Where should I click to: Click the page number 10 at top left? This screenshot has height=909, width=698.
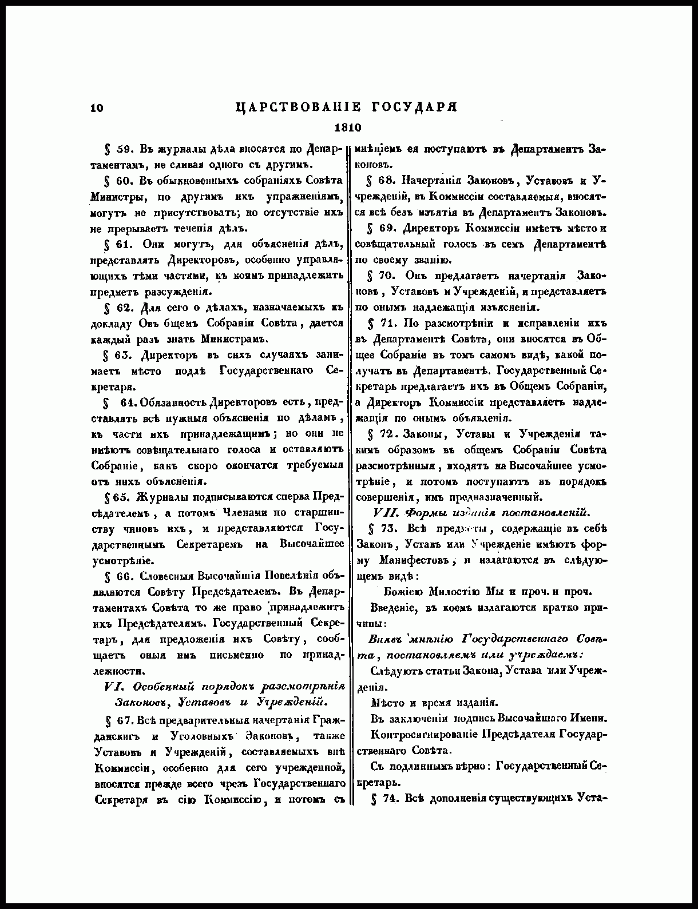[x=96, y=108]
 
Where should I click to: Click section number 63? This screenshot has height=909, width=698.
[x=124, y=354]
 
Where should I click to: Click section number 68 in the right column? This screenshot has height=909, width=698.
[x=387, y=181]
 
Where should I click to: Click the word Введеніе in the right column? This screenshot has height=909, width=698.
[x=394, y=607]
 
